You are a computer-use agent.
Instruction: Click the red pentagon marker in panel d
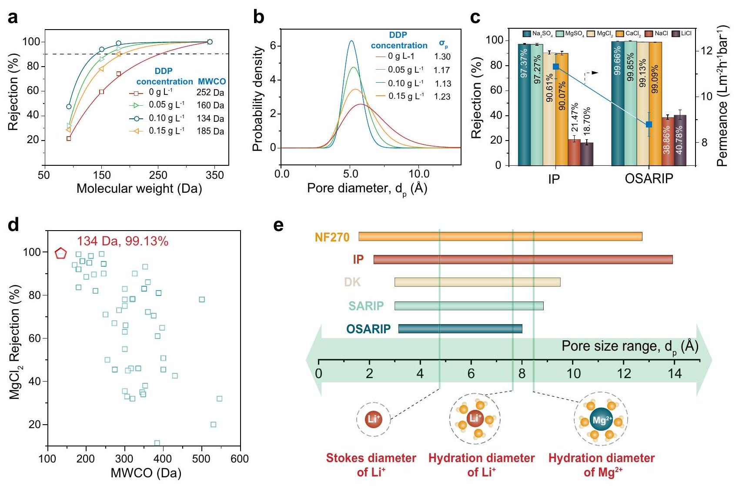(60, 253)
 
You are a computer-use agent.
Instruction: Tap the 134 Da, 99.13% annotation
(122, 241)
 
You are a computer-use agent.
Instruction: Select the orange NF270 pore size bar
(500, 236)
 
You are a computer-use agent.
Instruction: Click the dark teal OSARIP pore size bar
(460, 328)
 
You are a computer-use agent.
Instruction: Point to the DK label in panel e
(352, 282)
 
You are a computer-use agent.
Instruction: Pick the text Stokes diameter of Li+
(371, 465)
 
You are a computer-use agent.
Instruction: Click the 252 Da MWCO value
(210, 92)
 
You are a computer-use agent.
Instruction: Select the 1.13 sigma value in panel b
(443, 84)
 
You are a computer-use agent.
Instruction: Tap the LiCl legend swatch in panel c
(675, 34)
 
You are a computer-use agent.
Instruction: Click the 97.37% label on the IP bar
(524, 64)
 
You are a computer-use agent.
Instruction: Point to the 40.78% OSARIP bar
(680, 140)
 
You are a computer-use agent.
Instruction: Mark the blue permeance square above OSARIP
(649, 125)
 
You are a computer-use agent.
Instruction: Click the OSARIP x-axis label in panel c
(649, 178)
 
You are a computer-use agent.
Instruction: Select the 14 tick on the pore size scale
(675, 373)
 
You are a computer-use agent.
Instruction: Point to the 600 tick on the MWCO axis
(240, 459)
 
